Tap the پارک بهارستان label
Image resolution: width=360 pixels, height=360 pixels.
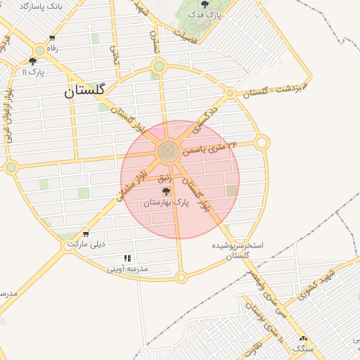click(167, 202)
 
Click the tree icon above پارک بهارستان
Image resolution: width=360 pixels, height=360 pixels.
click(167, 191)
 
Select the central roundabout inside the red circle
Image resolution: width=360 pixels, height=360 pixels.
click(167, 150)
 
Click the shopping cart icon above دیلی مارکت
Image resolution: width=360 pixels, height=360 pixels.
click(86, 234)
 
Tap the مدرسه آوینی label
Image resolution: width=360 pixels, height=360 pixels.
click(127, 269)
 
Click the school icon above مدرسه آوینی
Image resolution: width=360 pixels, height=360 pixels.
click(127, 258)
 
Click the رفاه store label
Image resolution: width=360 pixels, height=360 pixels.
click(51, 49)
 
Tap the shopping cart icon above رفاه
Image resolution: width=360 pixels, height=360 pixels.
click(51, 39)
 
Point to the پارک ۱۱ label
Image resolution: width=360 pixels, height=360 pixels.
click(32, 72)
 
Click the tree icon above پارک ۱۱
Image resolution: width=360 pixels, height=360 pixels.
click(32, 61)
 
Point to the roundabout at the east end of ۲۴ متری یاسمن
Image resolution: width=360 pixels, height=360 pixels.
click(262, 143)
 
